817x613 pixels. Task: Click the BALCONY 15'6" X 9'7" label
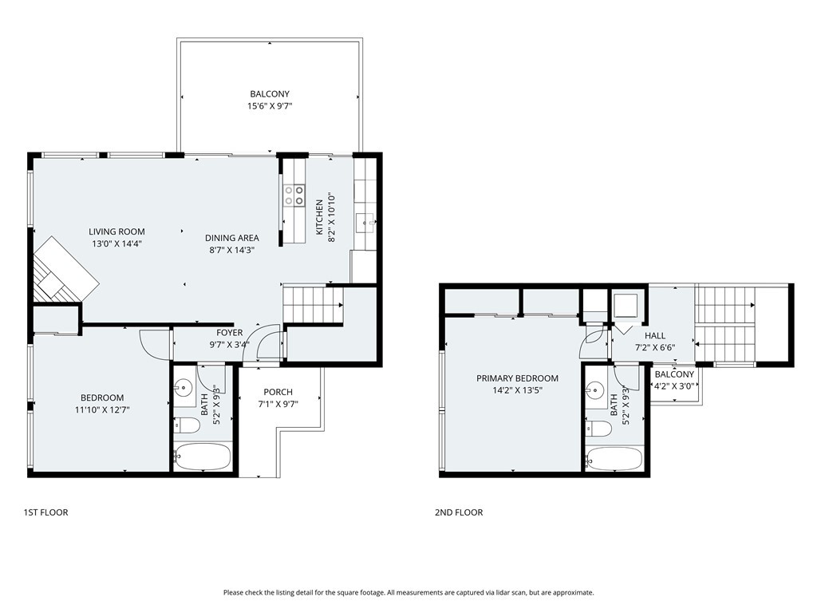point(270,100)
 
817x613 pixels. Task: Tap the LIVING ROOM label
point(116,231)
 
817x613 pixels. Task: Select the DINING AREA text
point(232,238)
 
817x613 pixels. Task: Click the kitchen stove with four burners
point(294,195)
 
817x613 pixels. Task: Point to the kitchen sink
point(365,223)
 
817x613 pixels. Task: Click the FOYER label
point(230,333)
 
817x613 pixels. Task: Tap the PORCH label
point(278,392)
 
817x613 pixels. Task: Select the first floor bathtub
point(202,457)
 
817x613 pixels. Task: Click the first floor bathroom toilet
point(187,426)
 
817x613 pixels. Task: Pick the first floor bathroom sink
point(184,388)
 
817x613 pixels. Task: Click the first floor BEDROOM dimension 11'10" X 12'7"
point(102,409)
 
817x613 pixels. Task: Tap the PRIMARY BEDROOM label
point(517,378)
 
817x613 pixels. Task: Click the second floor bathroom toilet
point(598,429)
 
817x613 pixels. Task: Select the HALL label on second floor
point(655,336)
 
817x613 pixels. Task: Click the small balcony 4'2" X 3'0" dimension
point(674,386)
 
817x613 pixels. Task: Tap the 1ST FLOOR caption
point(45,512)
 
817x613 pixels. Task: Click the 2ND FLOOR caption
point(459,512)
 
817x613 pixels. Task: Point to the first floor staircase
point(313,305)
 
